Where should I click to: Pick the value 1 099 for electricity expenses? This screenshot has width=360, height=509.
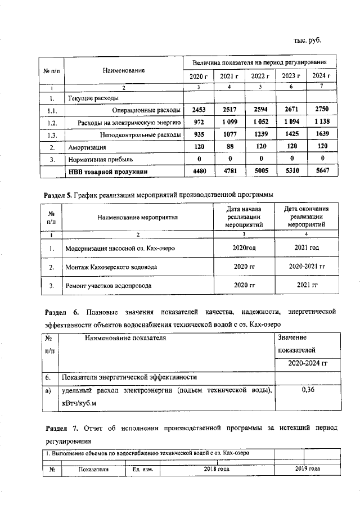point(229,121)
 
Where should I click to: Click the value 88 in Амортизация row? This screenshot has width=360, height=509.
point(229,147)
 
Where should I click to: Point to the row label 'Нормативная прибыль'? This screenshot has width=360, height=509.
point(101,160)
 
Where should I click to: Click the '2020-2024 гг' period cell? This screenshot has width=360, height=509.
point(307,363)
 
